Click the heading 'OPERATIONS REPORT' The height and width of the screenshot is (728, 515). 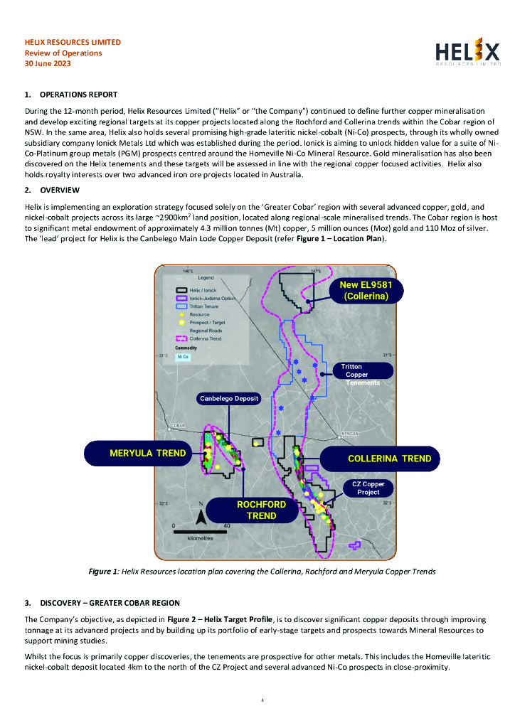coord(78,95)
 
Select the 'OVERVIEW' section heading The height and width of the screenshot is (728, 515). coord(60,190)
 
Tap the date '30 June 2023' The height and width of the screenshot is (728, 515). coord(48,63)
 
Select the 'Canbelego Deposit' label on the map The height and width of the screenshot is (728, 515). coord(229,398)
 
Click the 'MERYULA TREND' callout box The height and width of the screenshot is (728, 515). coord(147,453)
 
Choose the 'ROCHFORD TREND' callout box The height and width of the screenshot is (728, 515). coord(261,510)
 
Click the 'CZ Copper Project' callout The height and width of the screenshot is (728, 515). coord(368,488)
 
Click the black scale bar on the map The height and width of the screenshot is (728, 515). coord(201,531)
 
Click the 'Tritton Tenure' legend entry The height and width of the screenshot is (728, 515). coord(204,306)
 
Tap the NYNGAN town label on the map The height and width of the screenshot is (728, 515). coord(350,432)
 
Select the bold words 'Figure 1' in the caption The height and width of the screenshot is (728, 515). coord(102,572)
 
